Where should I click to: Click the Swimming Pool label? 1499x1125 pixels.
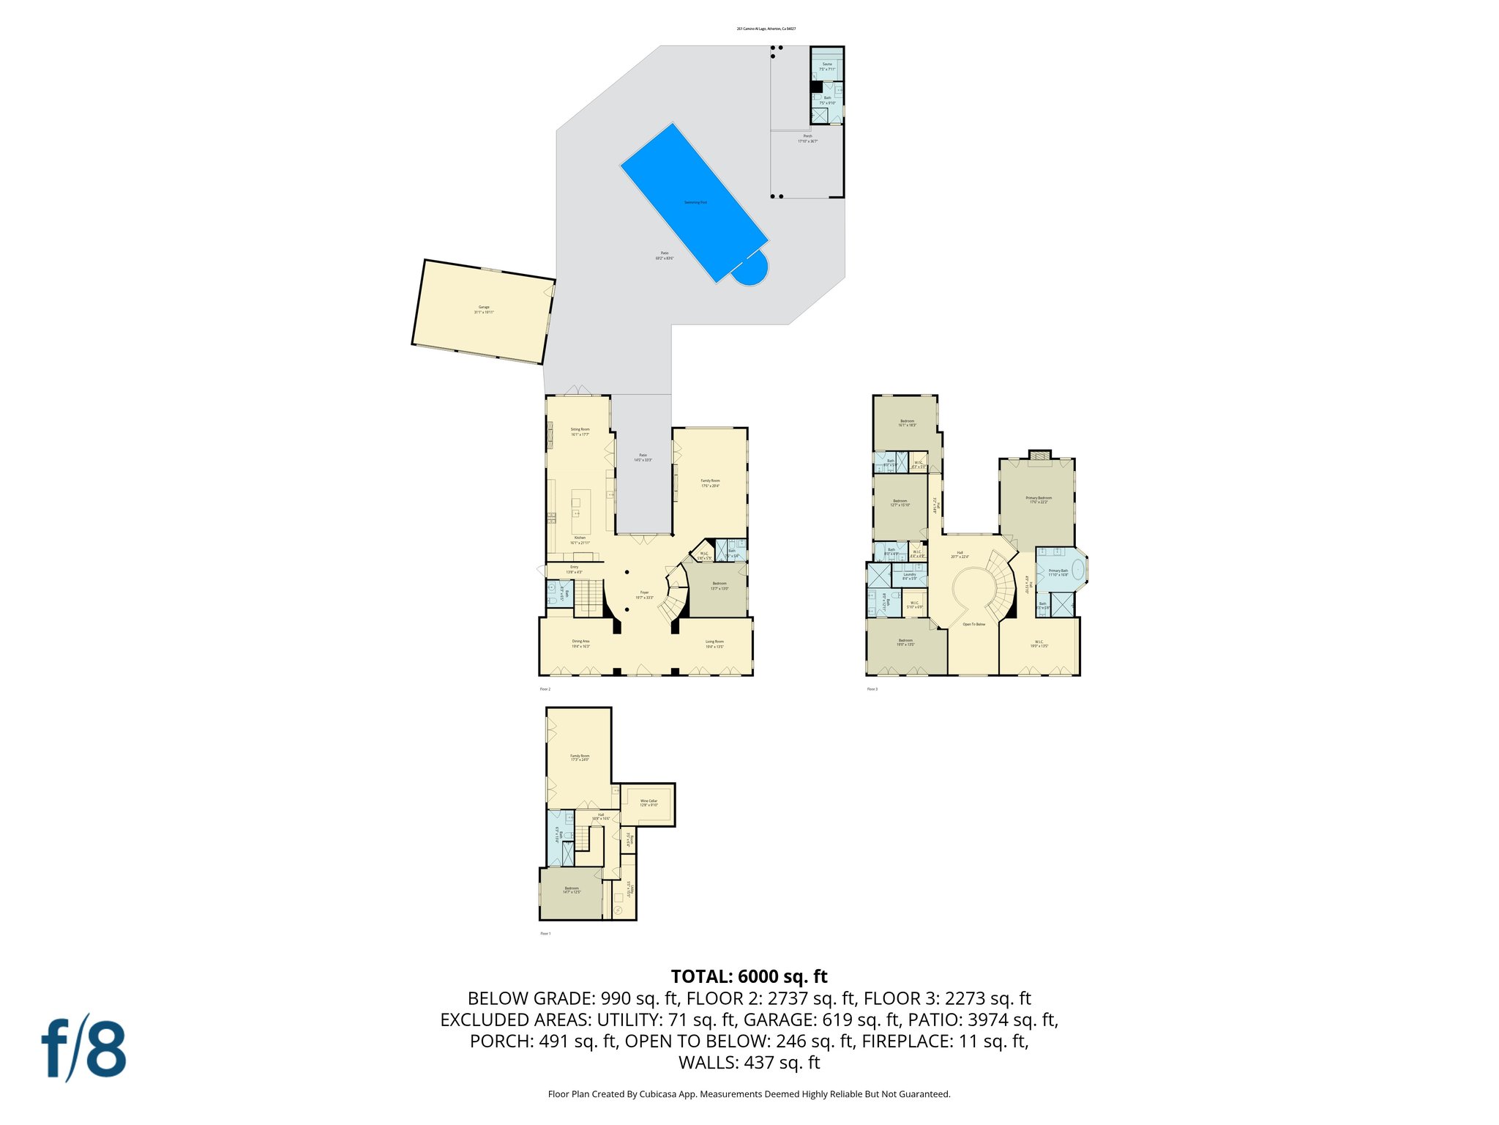tap(695, 202)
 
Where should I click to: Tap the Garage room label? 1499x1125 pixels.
tap(484, 309)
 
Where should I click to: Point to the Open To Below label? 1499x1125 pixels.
tap(973, 624)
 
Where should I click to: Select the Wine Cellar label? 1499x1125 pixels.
tap(648, 803)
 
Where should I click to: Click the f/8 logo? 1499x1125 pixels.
tap(83, 1047)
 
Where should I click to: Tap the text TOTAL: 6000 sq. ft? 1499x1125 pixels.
tap(749, 976)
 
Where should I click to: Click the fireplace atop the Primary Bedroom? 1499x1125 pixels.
tap(1039, 456)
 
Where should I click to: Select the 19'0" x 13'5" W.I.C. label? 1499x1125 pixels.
tap(1039, 643)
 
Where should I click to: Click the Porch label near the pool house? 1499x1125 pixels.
tap(807, 138)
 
